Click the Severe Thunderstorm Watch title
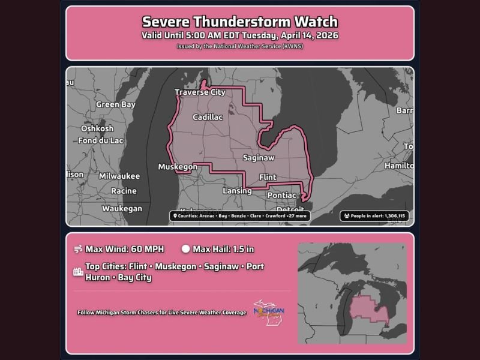pos(239,22)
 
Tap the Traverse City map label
pos(200,92)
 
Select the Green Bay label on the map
pos(116,104)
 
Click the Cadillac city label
pos(208,118)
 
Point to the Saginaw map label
pos(259,158)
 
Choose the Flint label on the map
pos(268,177)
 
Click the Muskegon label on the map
pos(178,167)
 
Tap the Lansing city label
pos(237,191)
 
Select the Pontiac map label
pos(282,196)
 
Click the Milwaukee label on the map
pos(119,176)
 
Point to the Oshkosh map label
pos(97,128)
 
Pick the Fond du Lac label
pos(101,141)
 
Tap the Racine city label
pos(124,191)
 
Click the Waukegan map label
pos(122,208)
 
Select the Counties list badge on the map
pos(239,215)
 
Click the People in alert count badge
pos(374,215)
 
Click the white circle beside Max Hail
pos(185,249)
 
